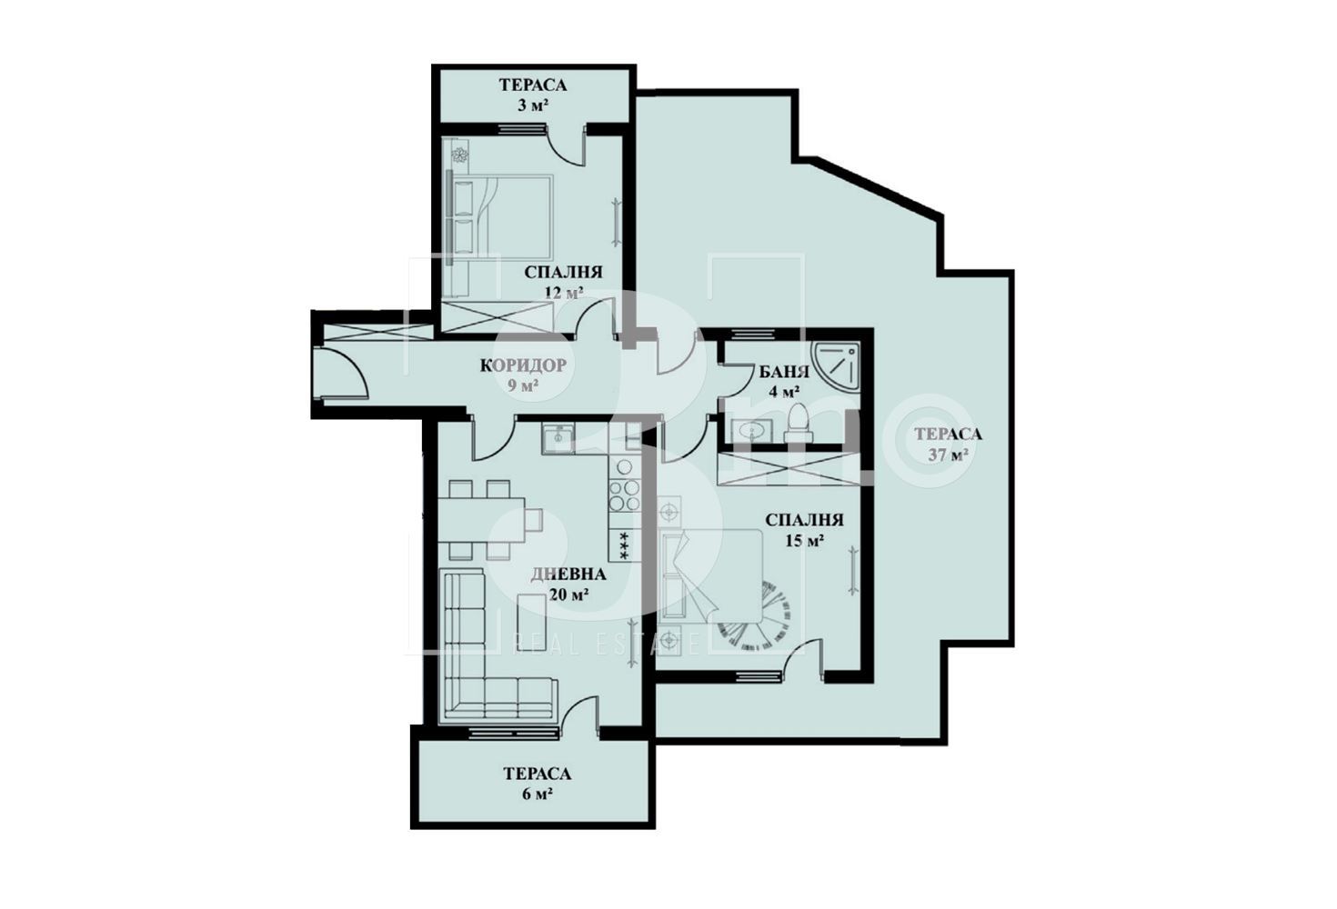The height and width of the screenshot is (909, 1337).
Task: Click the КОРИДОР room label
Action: pos(523,365)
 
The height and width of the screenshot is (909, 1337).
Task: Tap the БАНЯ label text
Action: pos(784,372)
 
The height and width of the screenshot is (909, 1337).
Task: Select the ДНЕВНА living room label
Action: pos(568,574)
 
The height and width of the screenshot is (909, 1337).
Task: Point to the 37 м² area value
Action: pos(948,454)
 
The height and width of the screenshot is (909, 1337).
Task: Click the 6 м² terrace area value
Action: pos(538,794)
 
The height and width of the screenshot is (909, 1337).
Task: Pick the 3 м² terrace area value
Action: pos(533,105)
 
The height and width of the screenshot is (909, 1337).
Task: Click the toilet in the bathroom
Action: pos(799,423)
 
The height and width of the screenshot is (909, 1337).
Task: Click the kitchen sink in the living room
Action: pos(558,439)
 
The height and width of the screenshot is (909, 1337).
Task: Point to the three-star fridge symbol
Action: pos(624,544)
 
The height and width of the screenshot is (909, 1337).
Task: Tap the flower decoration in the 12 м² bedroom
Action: pos(459,155)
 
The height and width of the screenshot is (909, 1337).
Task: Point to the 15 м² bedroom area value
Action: pos(805,541)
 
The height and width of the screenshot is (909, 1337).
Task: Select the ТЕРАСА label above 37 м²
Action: pos(948,434)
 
